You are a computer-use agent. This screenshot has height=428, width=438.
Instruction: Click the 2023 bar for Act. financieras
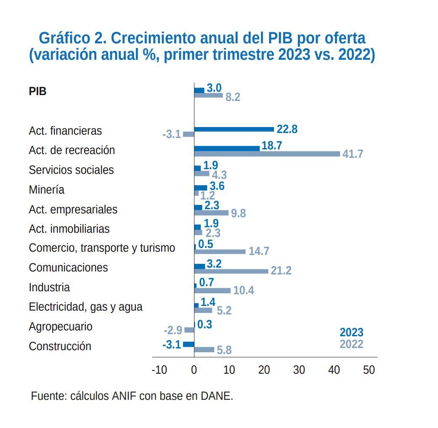click(x=234, y=129)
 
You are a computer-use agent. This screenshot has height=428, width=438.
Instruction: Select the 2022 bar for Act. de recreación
click(x=267, y=154)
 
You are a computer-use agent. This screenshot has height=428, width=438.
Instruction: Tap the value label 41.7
click(x=353, y=154)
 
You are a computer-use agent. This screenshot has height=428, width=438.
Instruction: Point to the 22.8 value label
click(x=287, y=129)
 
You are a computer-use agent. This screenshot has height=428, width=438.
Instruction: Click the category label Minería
click(x=47, y=190)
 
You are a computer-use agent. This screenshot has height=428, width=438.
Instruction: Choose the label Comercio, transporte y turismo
click(x=102, y=248)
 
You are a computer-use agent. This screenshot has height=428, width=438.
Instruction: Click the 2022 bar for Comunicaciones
click(x=231, y=271)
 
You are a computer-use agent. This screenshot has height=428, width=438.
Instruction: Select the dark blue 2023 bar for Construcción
click(x=188, y=344)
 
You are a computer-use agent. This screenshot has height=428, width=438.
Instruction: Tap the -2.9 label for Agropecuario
click(x=173, y=330)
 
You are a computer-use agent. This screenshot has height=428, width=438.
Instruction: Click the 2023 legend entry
click(x=351, y=332)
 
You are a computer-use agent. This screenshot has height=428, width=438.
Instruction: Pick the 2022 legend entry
click(x=351, y=344)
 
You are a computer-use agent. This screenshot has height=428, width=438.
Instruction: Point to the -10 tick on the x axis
click(x=159, y=370)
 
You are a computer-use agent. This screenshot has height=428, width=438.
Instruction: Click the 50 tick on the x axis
click(x=369, y=370)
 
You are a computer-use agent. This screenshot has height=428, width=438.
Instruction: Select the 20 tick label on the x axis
click(x=264, y=370)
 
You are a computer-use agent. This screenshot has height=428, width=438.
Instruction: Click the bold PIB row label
click(x=37, y=91)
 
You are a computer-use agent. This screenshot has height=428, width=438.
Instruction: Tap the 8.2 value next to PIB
click(x=233, y=97)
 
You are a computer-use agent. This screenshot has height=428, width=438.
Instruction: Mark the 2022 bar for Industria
click(x=212, y=290)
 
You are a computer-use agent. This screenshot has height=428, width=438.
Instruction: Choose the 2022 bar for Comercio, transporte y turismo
click(x=220, y=252)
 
